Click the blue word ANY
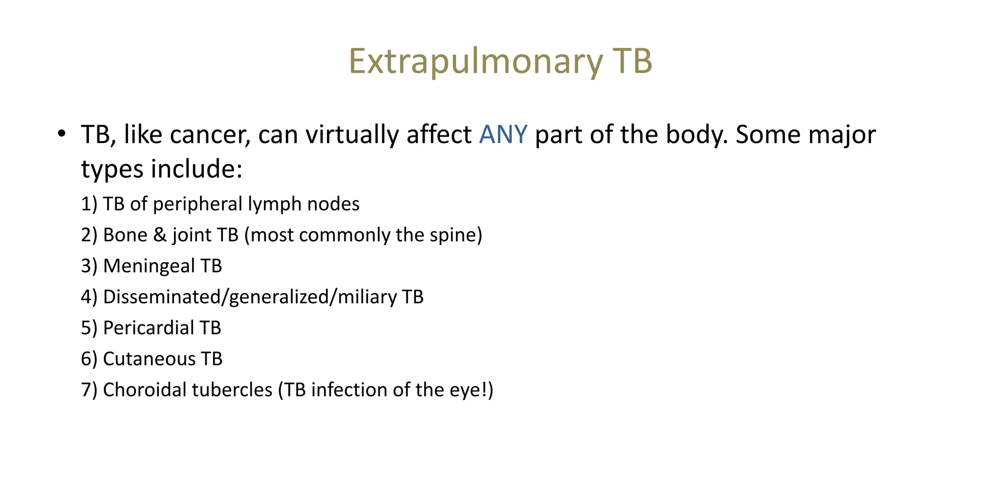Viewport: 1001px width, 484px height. tap(503, 134)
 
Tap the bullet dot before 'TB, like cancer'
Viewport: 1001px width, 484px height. tap(61, 133)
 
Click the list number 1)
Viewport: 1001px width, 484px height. tap(89, 204)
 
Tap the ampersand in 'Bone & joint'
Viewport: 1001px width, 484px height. tap(160, 235)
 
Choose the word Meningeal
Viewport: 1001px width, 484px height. tap(149, 266)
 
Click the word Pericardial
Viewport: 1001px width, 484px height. tap(149, 328)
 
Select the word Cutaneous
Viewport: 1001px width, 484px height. tap(149, 359)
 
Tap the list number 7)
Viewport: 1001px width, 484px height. tap(89, 390)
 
